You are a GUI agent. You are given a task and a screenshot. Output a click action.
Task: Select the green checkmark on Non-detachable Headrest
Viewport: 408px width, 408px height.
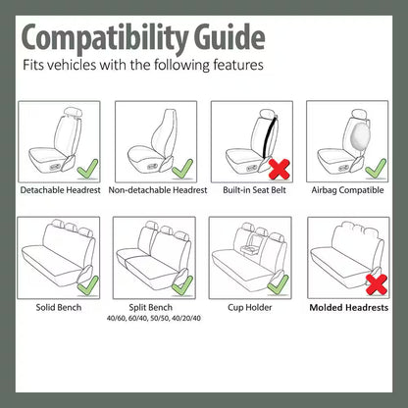[180, 169]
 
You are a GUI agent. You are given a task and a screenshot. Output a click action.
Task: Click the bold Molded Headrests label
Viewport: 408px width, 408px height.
[348, 307]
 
